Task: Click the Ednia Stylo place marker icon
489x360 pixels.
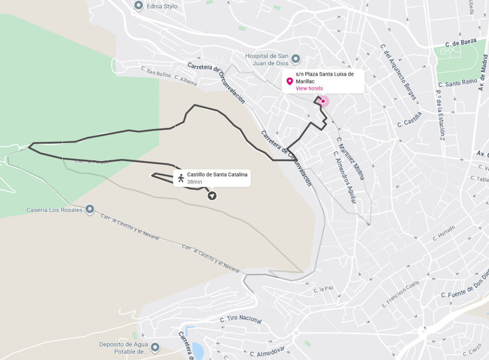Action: tap(139, 6)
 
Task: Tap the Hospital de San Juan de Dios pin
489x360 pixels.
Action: tap(296, 58)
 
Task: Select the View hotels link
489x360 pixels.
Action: tap(309, 88)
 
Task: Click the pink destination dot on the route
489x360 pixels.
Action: tap(323, 101)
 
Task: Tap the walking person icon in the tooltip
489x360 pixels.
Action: tap(181, 178)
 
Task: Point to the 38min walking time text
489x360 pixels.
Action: tap(194, 182)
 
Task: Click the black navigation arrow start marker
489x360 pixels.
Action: tap(212, 196)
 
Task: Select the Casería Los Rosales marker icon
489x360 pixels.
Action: tap(89, 209)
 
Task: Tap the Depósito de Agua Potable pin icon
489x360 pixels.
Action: tap(155, 347)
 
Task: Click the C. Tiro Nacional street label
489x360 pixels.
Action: tap(241, 319)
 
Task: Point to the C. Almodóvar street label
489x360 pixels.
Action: tap(267, 352)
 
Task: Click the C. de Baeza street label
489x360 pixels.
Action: tap(461, 42)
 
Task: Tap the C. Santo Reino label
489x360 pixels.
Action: tap(461, 82)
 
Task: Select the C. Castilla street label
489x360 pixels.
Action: tap(410, 119)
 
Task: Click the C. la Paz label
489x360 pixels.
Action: tap(323, 289)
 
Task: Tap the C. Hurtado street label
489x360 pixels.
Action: tap(443, 233)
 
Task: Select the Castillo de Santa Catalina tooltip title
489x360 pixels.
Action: tap(217, 174)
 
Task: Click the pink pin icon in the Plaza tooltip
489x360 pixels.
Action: tap(290, 82)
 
